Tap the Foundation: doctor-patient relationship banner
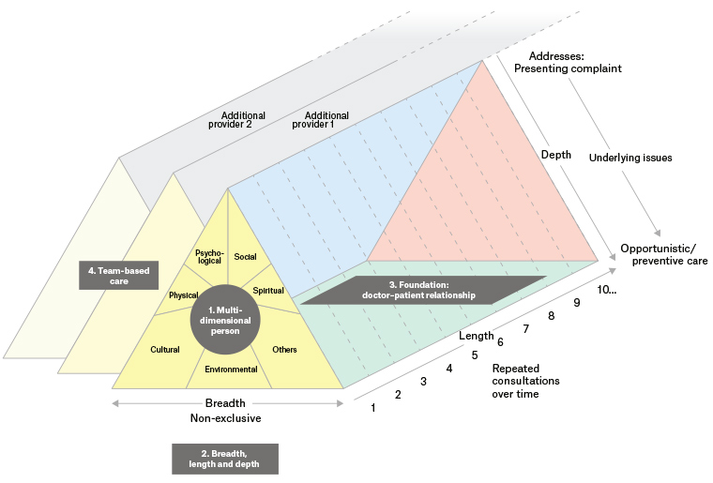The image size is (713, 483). click(421, 290)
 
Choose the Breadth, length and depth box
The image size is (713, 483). click(225, 458)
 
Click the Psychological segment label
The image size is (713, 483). click(207, 257)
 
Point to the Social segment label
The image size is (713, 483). click(246, 255)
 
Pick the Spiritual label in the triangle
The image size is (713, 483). click(268, 291)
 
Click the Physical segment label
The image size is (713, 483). click(183, 295)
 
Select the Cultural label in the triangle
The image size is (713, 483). click(164, 350)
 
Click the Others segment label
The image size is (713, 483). click(284, 350)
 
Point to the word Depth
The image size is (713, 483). click(557, 154)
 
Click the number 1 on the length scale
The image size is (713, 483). click(374, 407)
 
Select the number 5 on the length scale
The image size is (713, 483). click(475, 355)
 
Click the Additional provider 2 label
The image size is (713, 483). click(237, 119)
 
